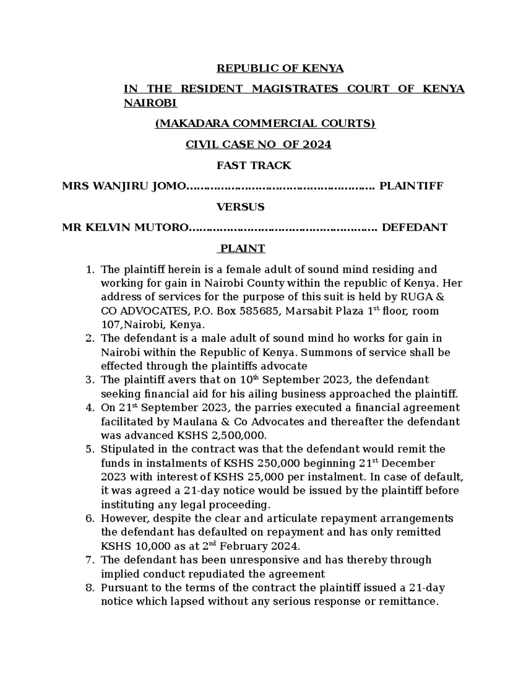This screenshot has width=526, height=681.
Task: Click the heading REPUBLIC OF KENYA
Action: [x=280, y=68]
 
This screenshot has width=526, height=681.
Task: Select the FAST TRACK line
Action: [x=254, y=165]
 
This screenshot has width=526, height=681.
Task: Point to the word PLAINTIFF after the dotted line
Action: [x=411, y=186]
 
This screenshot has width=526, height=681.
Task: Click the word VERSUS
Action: [x=241, y=207]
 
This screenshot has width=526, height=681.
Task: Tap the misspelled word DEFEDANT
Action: [x=414, y=228]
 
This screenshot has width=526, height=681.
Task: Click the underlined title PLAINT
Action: [x=242, y=249]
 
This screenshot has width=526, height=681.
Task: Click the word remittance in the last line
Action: [x=412, y=602]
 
